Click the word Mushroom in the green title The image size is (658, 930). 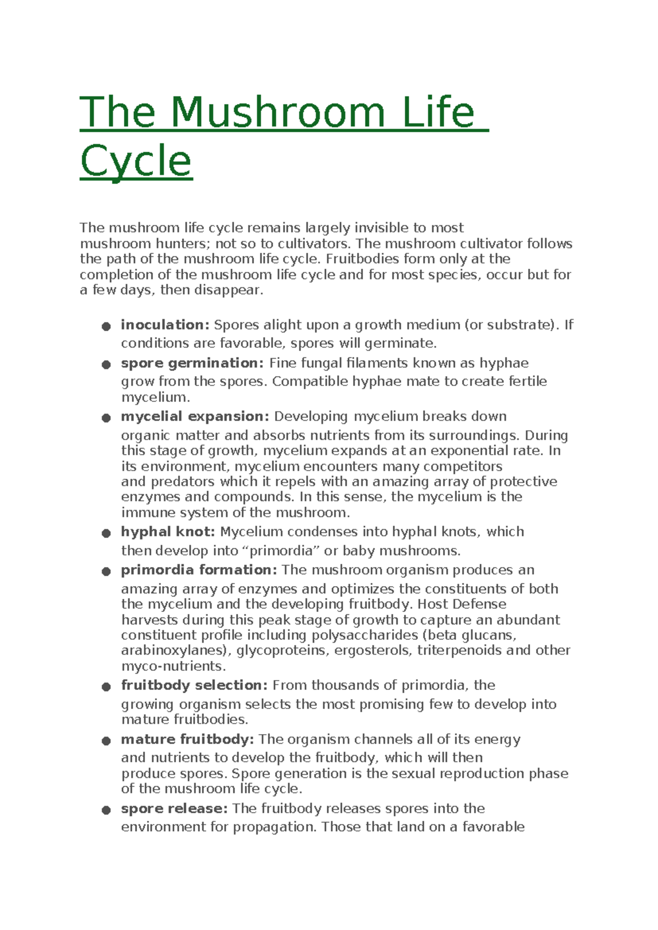278,112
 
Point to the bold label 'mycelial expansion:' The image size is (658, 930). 195,416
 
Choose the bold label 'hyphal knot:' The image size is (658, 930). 168,531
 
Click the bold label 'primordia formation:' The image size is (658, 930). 199,570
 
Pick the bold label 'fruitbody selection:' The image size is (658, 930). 194,685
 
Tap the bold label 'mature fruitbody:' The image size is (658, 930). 187,739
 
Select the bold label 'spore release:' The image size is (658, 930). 174,808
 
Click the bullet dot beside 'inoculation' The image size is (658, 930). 106,327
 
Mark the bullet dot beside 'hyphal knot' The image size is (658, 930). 106,534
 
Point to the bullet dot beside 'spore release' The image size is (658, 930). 106,810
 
